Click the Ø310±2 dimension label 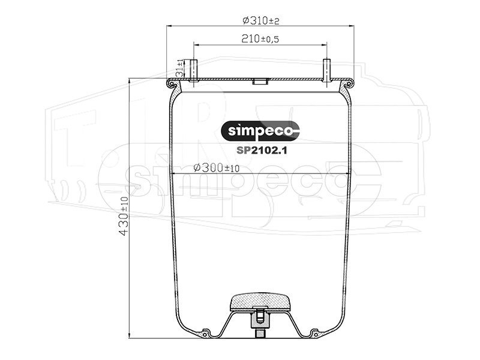(261, 20)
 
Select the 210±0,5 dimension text (260, 38)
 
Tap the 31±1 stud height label (179, 68)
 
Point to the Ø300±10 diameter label (217, 167)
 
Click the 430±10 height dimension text (123, 216)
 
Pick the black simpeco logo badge (260, 131)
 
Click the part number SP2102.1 (262, 151)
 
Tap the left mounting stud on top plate (194, 71)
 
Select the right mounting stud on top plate (327, 70)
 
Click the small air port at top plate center (260, 82)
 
